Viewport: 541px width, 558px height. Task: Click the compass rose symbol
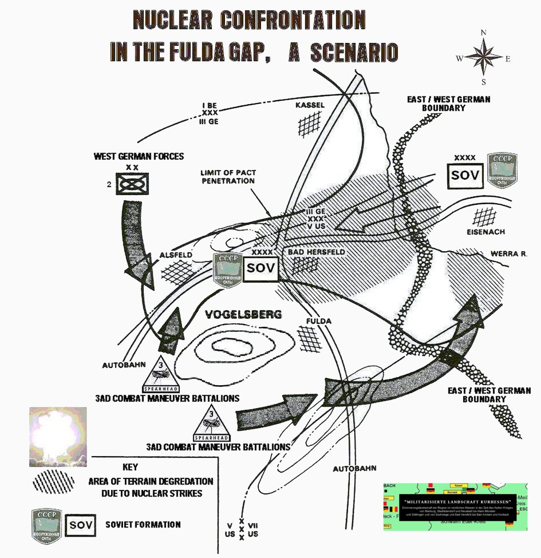(x=483, y=57)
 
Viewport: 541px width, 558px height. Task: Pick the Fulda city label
(x=318, y=321)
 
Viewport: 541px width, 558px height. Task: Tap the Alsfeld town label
(x=175, y=255)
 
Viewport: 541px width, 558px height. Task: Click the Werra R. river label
(x=508, y=254)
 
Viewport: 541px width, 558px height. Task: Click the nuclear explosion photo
(x=58, y=436)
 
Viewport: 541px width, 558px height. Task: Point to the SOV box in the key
(x=80, y=525)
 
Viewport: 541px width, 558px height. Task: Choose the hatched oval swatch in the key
(x=53, y=482)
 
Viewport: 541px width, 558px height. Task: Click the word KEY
(x=130, y=467)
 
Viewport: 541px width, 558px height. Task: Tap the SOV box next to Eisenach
(x=465, y=176)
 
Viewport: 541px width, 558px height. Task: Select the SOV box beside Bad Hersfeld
(x=260, y=268)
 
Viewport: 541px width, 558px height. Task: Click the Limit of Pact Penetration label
(x=229, y=177)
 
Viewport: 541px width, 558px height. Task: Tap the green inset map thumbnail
(x=455, y=506)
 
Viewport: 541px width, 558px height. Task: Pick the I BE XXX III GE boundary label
(x=210, y=113)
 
